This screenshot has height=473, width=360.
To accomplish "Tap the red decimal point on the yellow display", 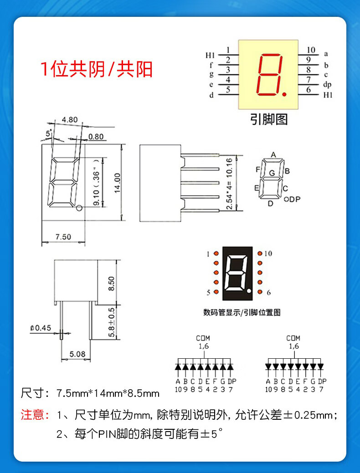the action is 286,94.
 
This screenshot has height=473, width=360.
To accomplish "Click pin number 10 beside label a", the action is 311,51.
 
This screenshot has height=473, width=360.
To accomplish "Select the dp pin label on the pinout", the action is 327,84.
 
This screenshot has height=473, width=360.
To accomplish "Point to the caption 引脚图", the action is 269,120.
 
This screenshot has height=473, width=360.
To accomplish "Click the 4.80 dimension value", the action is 70,120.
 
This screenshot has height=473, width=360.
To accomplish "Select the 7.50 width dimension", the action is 63,237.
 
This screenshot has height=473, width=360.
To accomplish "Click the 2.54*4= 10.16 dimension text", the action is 229,183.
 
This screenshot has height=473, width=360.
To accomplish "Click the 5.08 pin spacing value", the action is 77,353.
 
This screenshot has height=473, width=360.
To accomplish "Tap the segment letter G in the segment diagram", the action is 272,173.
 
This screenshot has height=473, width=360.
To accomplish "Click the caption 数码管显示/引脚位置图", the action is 242,312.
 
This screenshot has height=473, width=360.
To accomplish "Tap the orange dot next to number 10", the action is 259,254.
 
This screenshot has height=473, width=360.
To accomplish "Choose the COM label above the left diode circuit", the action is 203,338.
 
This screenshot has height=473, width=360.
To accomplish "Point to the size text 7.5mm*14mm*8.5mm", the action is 108,393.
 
